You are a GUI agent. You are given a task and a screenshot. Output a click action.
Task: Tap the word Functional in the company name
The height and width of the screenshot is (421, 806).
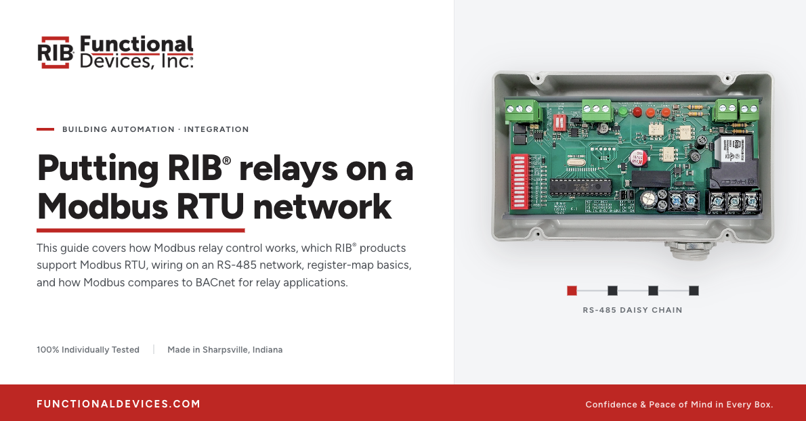137,45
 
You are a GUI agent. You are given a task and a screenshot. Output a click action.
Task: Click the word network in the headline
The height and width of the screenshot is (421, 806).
322,206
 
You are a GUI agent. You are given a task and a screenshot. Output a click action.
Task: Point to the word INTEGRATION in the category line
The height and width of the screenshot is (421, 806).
217,129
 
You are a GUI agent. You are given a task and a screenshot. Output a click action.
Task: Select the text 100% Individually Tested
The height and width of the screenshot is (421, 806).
88,350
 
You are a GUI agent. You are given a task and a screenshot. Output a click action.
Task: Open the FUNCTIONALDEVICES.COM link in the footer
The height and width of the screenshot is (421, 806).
119,404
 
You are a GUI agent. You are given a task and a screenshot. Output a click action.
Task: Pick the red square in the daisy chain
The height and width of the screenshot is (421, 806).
572,290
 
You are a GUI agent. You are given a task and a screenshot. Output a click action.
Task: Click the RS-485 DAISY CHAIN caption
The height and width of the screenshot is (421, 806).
633,310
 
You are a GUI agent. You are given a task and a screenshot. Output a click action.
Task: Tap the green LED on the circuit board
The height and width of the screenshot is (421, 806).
622,111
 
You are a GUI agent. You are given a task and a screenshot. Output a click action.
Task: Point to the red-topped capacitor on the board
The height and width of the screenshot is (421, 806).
637,158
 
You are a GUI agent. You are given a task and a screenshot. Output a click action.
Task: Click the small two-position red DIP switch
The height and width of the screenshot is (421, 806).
558,123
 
